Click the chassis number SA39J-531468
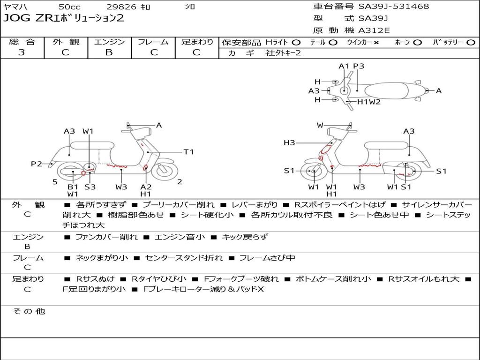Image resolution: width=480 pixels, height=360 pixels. click(394, 7)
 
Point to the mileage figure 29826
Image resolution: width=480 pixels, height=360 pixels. click(121, 7)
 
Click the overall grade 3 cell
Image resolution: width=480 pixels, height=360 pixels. click(22, 52)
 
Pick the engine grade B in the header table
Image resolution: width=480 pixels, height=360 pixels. click(109, 52)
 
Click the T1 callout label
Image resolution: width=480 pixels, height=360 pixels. click(188, 152)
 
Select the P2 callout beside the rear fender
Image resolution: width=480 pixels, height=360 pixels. click(36, 164)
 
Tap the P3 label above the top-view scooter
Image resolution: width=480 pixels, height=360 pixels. click(359, 66)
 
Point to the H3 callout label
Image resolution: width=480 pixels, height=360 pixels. click(289, 142)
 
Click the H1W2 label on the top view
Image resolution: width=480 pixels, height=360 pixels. click(369, 102)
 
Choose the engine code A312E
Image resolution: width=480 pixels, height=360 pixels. click(374, 30)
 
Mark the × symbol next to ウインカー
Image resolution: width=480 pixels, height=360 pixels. click(376, 42)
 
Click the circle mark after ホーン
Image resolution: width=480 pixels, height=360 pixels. click(417, 42)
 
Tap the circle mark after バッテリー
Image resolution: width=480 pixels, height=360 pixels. click(471, 42)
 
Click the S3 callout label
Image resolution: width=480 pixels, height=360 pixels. click(90, 187)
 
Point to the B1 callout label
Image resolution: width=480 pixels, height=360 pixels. click(73, 187)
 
